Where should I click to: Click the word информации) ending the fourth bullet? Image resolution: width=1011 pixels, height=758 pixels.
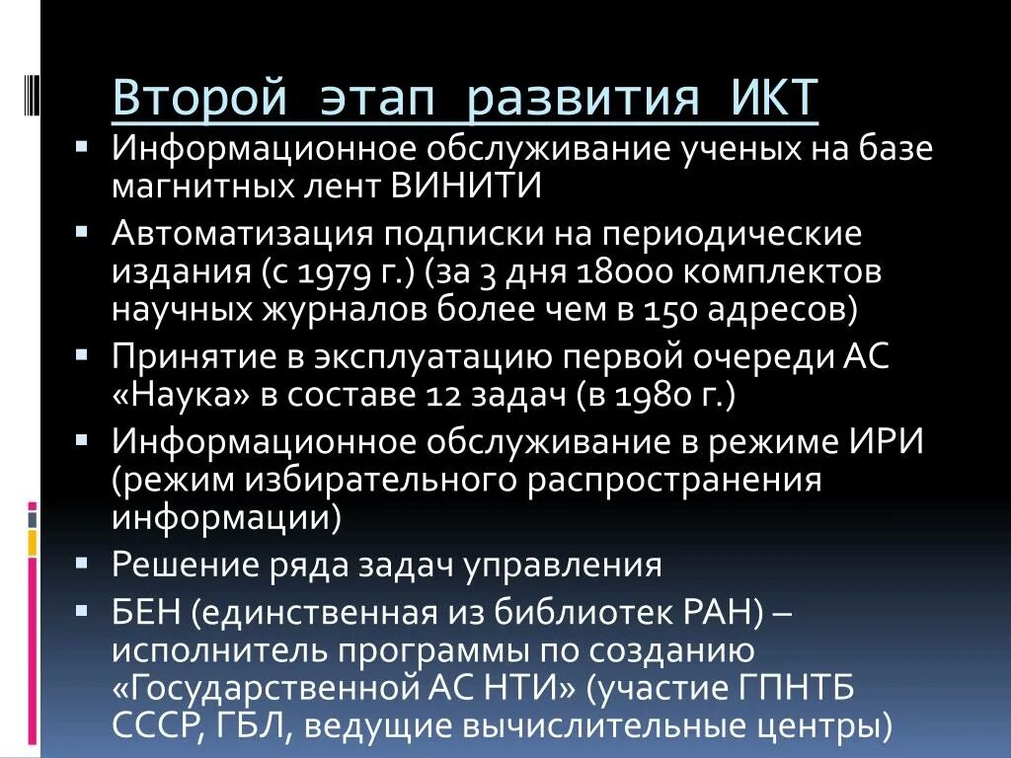tap(226, 516)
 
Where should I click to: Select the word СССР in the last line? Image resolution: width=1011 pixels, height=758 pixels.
tap(158, 725)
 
